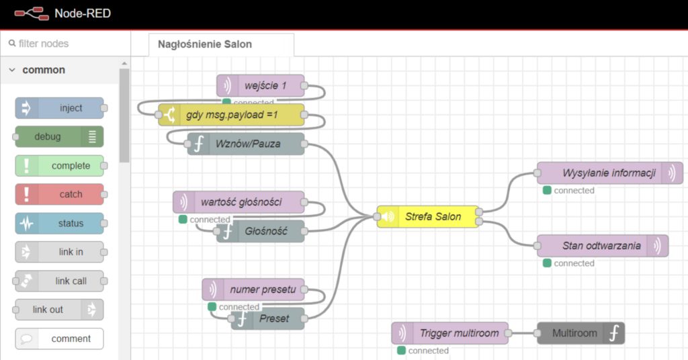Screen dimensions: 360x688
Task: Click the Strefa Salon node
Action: coord(429,216)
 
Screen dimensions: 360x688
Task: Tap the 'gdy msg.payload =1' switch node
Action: coord(232,115)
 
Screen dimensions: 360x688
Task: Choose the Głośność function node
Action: coord(261,231)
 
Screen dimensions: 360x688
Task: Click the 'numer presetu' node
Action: coord(253,289)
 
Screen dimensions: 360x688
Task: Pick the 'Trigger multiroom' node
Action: coord(451,333)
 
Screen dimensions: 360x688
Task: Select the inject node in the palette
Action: coord(60,108)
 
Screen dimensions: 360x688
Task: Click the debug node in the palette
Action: coord(59,137)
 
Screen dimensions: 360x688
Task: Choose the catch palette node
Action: coord(60,195)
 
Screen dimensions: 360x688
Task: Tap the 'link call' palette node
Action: coord(60,281)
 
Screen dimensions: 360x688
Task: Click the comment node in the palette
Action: coord(60,339)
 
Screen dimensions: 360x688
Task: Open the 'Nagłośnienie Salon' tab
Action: coord(205,44)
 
